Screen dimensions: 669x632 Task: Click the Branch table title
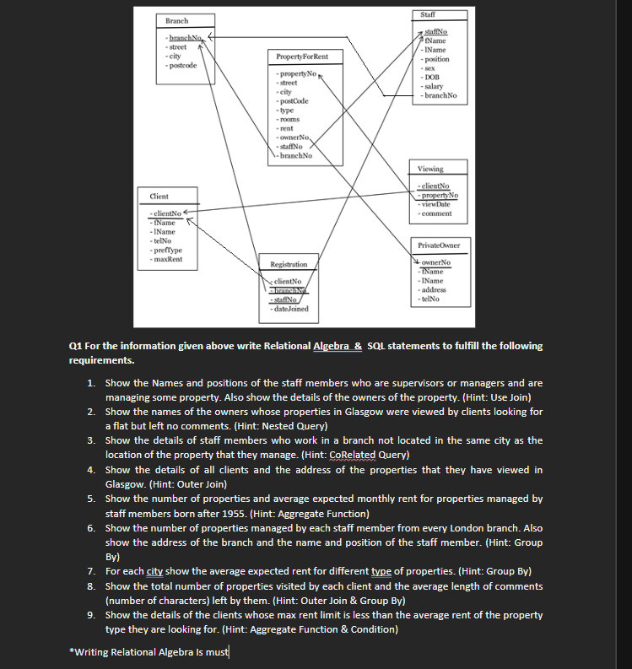pyautogui.click(x=177, y=20)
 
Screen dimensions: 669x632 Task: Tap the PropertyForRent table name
pyautogui.click(x=296, y=57)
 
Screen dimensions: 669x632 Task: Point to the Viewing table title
pyautogui.click(x=430, y=169)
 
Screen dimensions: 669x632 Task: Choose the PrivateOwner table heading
pyautogui.click(x=439, y=245)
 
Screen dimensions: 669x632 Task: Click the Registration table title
pyautogui.click(x=289, y=264)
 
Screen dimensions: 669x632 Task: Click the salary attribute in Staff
pyautogui.click(x=434, y=86)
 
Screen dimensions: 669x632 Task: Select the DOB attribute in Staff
pyautogui.click(x=431, y=78)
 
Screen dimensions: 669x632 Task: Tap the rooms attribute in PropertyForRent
pyautogui.click(x=289, y=119)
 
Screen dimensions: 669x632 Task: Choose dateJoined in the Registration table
pyautogui.click(x=291, y=309)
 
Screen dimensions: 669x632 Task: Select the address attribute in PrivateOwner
pyautogui.click(x=435, y=289)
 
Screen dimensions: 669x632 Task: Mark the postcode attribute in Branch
pyautogui.click(x=183, y=65)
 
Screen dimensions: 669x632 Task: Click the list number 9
pyautogui.click(x=91, y=615)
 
